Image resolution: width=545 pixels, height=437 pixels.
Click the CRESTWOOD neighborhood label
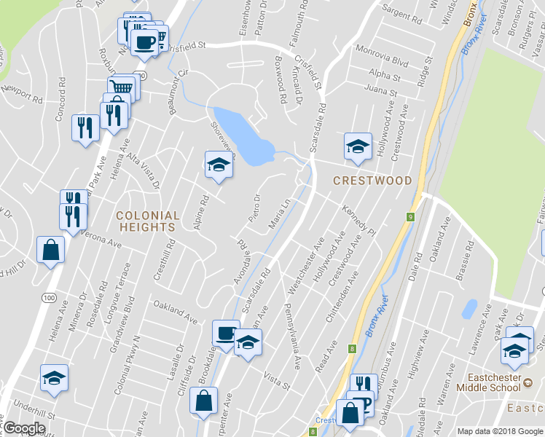coord(372,180)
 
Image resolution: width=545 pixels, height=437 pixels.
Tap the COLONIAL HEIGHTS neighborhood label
coord(147,221)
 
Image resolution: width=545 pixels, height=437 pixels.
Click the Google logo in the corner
coord(24,428)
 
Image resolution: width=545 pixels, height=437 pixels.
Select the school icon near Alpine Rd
coord(218,165)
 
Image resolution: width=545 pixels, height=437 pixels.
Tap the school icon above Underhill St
coord(54,377)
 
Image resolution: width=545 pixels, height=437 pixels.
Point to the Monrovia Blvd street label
coord(383,58)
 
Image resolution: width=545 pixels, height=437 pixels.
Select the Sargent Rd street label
coord(402,14)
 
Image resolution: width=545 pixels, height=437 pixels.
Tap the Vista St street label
coord(276,380)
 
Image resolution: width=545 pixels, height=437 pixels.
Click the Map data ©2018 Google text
coord(499,431)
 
